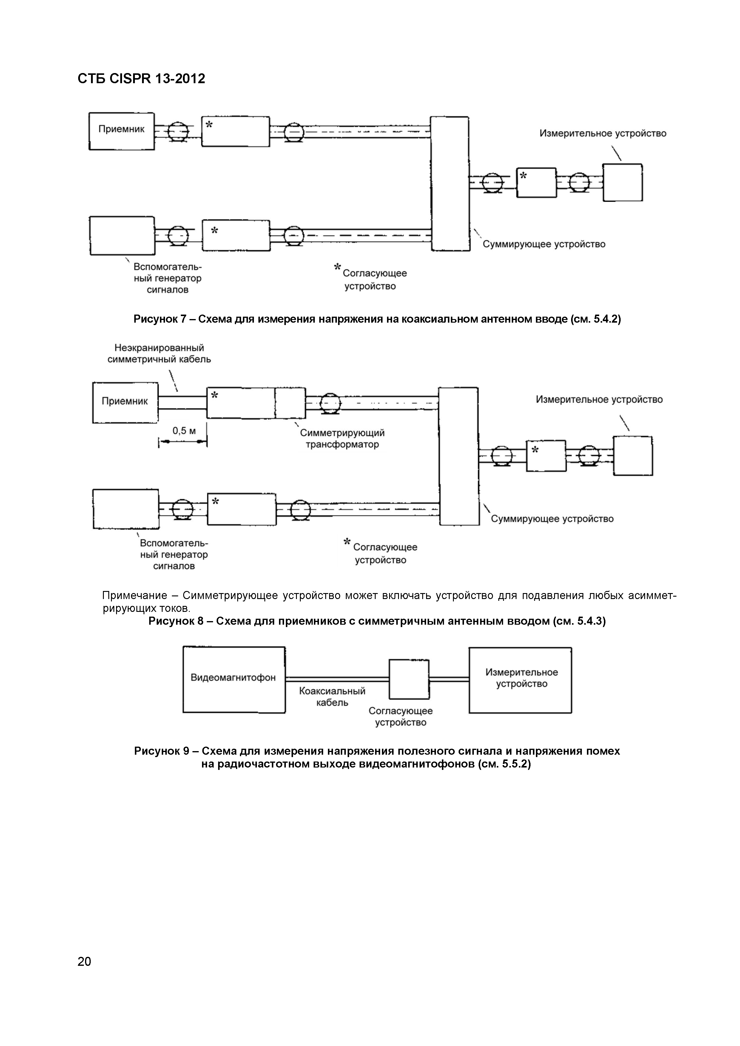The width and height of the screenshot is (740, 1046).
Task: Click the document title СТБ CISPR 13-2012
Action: pyautogui.click(x=141, y=79)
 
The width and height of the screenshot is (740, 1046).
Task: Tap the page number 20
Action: pyautogui.click(x=84, y=961)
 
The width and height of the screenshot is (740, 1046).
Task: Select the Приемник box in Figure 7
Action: pyautogui.click(x=121, y=131)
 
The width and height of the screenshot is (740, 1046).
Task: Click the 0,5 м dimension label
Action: pyautogui.click(x=184, y=431)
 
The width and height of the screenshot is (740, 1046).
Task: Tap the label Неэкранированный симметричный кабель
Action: pyautogui.click(x=159, y=354)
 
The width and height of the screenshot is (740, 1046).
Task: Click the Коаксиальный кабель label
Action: pyautogui.click(x=332, y=697)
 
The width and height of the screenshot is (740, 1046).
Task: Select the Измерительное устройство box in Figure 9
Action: pyautogui.click(x=520, y=680)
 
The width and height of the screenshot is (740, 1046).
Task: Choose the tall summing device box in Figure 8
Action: pyautogui.click(x=459, y=456)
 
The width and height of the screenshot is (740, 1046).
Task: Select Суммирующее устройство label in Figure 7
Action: pyautogui.click(x=544, y=244)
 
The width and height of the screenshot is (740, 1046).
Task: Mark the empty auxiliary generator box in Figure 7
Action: pyautogui.click(x=122, y=236)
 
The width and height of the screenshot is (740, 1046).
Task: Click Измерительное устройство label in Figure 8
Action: pyautogui.click(x=599, y=400)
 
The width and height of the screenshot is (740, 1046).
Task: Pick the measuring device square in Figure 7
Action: pyautogui.click(x=622, y=182)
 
